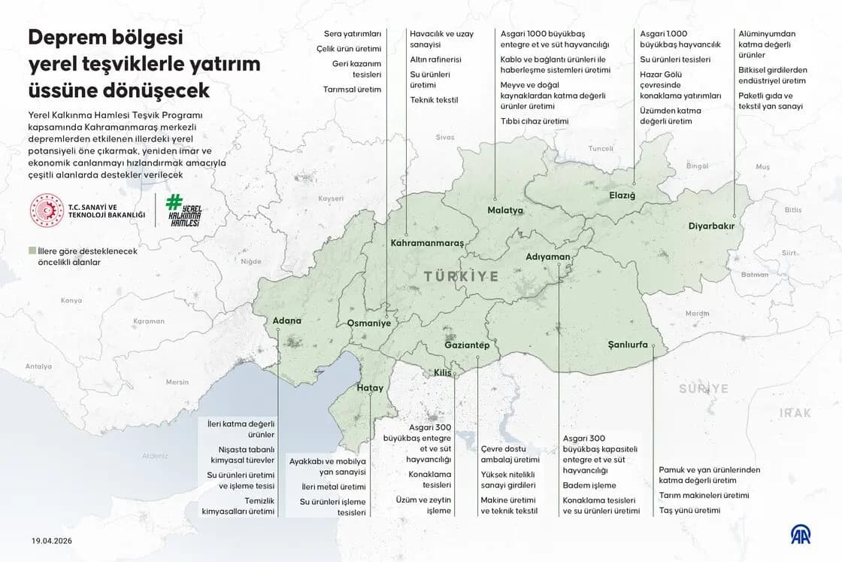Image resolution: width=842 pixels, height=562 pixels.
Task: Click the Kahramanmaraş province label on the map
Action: click(427, 243)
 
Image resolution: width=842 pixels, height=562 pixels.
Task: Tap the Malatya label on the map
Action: click(504, 210)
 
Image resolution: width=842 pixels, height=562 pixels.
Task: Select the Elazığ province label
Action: click(622, 196)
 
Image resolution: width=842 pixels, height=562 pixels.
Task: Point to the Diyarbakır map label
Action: click(710, 226)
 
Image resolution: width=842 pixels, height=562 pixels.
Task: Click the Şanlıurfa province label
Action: click(628, 345)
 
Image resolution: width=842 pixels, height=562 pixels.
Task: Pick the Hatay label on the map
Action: click(370, 388)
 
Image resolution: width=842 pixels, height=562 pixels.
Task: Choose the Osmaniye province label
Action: click(368, 323)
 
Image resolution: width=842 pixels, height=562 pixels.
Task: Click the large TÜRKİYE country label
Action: click(461, 276)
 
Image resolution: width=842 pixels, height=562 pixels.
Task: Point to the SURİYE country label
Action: click(704, 388)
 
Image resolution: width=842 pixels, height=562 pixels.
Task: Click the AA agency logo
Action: click(804, 534)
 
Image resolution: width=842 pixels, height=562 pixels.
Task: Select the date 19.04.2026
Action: click(52, 540)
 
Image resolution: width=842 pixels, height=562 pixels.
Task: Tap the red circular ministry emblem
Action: click(47, 211)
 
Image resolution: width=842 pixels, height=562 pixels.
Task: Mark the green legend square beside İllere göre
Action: click(32, 251)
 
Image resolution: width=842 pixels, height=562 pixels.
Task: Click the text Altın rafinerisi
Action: click(435, 59)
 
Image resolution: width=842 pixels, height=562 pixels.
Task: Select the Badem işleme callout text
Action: click(589, 485)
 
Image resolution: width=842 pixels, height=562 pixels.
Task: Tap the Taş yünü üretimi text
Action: click(689, 510)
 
